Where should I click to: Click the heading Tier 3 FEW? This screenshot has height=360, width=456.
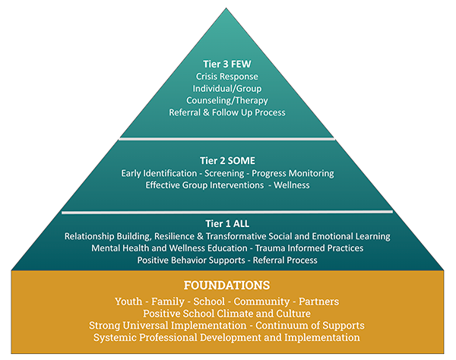click(x=227, y=65)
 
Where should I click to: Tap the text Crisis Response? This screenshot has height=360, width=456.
click(x=227, y=77)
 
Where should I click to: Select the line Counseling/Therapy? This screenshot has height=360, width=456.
click(x=227, y=101)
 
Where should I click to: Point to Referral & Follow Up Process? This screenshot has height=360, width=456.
click(x=227, y=113)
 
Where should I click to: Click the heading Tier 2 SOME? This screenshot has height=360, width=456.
click(x=227, y=161)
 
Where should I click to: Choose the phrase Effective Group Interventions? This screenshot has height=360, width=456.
click(x=202, y=185)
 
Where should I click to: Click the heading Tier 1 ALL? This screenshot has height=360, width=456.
click(x=227, y=224)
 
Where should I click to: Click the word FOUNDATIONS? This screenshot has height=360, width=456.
click(x=227, y=286)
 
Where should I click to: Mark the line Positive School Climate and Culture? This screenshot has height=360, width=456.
click(x=227, y=313)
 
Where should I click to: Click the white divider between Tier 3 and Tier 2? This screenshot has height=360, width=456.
click(x=227, y=138)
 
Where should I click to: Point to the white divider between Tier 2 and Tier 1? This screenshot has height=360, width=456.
click(x=227, y=211)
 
